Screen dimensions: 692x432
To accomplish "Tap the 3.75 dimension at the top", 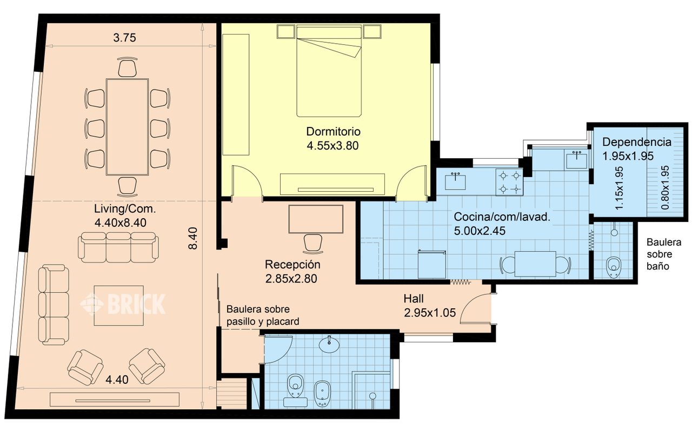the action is tap(124, 38).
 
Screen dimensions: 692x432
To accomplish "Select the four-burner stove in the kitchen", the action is tap(509, 182).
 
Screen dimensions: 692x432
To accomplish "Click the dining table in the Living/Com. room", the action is tap(127, 127).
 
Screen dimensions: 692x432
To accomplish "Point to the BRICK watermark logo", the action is tap(123, 303).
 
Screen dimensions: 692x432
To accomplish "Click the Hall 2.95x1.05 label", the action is tap(430, 306).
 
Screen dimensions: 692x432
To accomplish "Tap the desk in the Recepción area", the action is tap(316, 219).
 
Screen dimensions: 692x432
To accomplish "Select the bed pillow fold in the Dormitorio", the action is tap(330, 48).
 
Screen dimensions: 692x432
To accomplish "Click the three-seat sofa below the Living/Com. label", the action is tap(118, 247).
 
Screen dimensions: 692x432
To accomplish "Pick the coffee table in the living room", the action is tap(118, 306).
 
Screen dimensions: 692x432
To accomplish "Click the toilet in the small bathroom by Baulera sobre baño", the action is tap(614, 267).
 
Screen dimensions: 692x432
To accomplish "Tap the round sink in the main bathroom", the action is tap(330, 344).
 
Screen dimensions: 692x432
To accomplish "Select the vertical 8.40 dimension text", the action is tap(193, 238).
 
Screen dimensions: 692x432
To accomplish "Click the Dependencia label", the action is tap(637, 142).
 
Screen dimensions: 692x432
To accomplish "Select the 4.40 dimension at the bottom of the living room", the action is tap(117, 380).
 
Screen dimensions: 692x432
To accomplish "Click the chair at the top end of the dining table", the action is tap(127, 67).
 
